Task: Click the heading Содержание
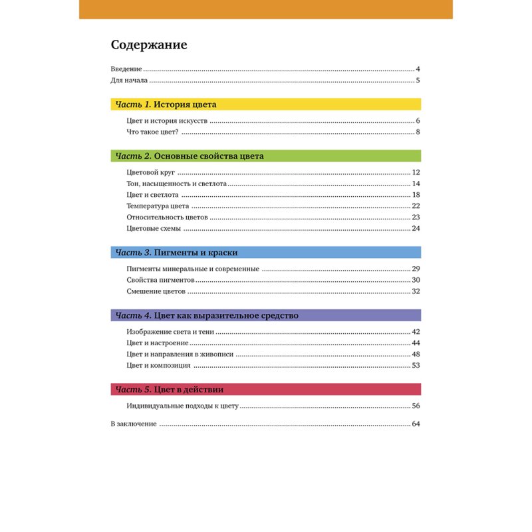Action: pos(149,45)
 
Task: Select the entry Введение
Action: pos(126,69)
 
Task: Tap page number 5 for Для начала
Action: pos(418,80)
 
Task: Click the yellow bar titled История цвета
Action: pos(265,104)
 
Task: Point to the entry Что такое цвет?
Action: pos(152,132)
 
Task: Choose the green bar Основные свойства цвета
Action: pos(265,156)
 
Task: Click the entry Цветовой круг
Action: pos(150,173)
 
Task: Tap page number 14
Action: pos(416,184)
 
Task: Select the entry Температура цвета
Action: pos(158,206)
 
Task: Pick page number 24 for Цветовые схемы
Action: pos(416,229)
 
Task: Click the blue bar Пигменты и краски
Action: pos(265,253)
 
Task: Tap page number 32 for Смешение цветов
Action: pos(416,291)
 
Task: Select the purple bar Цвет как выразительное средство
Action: pos(265,315)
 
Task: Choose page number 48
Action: pos(416,354)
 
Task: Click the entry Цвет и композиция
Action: pos(158,366)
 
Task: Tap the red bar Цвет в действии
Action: pos(265,389)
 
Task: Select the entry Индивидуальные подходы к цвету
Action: pos(182,406)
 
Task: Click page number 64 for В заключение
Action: pos(416,424)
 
